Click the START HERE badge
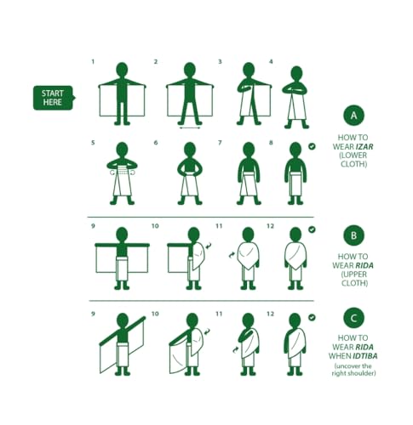tap(54, 98)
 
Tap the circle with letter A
tap(353, 116)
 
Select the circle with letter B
tap(353, 235)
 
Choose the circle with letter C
tap(353, 318)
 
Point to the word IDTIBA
tap(365, 356)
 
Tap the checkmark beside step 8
tap(312, 146)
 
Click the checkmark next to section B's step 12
tap(312, 229)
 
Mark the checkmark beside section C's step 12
tap(312, 317)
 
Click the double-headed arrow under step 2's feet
tap(190, 128)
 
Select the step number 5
tap(93, 143)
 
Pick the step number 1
tap(93, 61)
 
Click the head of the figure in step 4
tap(297, 73)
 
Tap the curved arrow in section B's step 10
tap(208, 246)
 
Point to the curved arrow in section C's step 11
tap(236, 350)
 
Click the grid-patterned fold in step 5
tap(122, 170)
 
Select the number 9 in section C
tap(93, 314)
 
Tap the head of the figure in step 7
tap(249, 150)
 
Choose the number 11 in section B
tap(219, 226)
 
